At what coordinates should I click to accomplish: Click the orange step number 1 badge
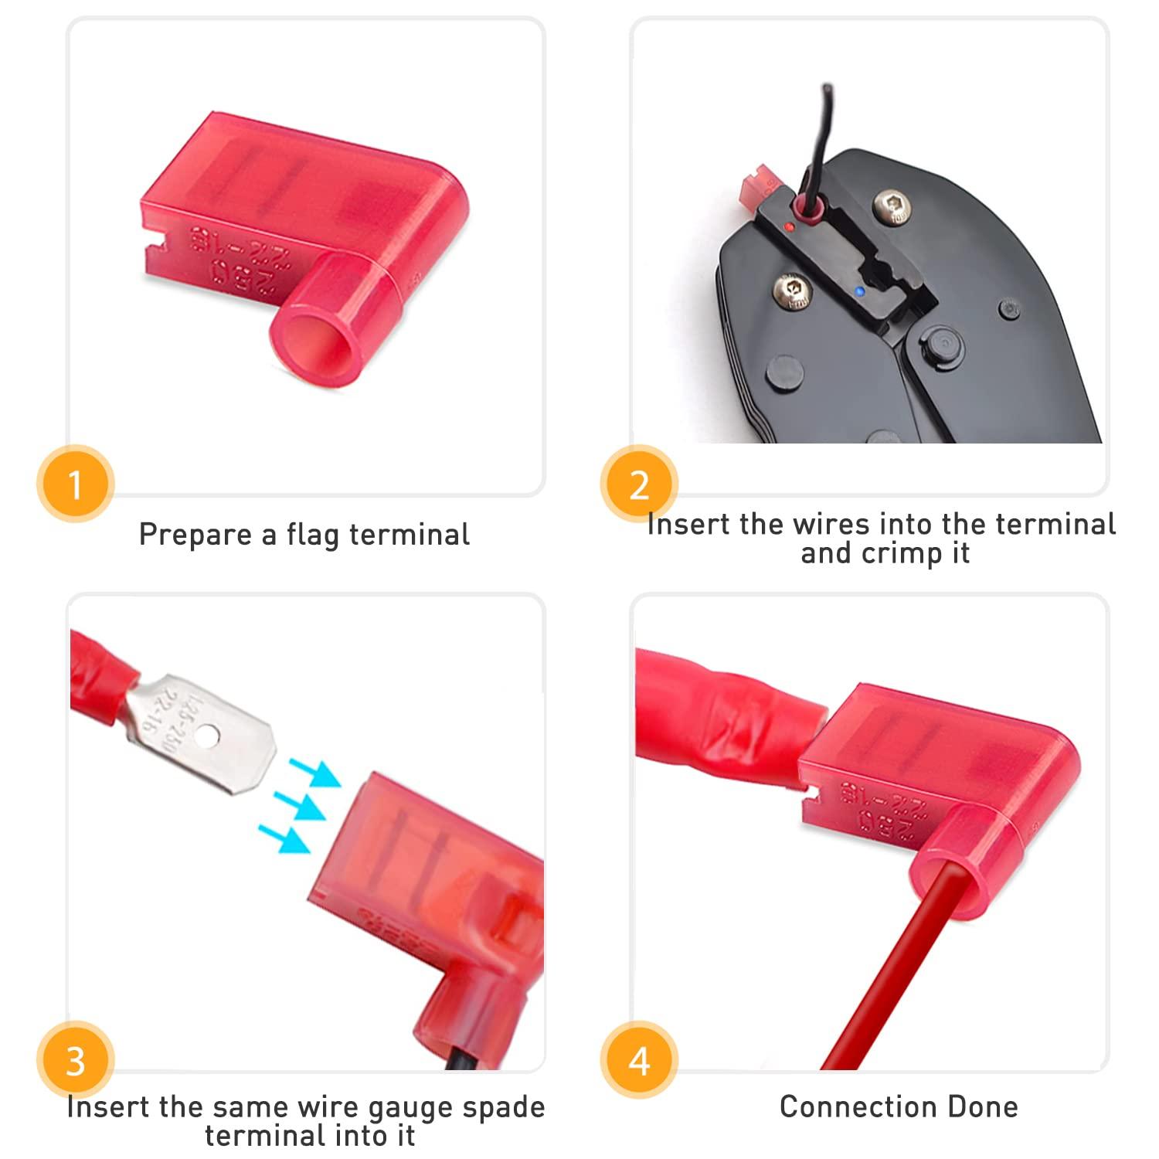coord(75,485)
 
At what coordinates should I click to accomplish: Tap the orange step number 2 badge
coord(639,485)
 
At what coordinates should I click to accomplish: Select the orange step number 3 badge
coord(75,1061)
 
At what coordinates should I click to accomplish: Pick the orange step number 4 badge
coord(639,1061)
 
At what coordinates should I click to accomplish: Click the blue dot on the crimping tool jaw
coord(859,293)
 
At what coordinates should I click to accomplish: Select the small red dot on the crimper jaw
coord(788,226)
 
